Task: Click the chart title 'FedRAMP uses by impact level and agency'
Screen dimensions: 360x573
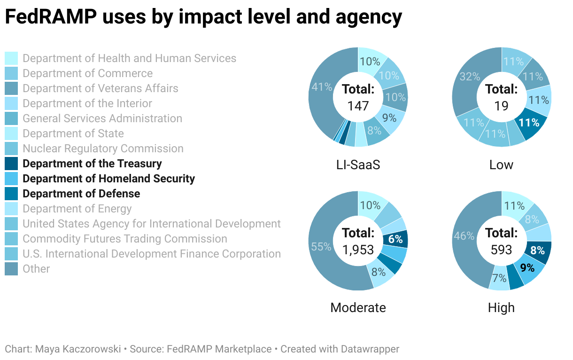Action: pos(203,18)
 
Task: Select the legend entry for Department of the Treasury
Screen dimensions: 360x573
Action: pos(92,164)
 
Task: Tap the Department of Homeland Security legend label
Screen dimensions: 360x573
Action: pos(108,179)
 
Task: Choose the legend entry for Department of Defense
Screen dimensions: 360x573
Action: pos(81,194)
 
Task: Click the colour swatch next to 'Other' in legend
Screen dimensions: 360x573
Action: pos(11,269)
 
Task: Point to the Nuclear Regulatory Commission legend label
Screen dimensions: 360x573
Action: pos(103,149)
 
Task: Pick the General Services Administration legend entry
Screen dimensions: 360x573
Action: pos(102,118)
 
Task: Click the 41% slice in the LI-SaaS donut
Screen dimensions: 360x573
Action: pos(319,87)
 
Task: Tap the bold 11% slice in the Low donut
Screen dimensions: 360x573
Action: pos(529,123)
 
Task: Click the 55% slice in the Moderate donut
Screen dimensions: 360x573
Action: pos(321,246)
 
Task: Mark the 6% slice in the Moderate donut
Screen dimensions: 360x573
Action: pos(395,239)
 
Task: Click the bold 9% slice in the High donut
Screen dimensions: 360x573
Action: pos(527,268)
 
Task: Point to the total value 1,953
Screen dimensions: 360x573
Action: pos(358,250)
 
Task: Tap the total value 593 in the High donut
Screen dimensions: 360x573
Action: pos(501,250)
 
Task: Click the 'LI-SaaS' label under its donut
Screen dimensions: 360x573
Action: pos(358,164)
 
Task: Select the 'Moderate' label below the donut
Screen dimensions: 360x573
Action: pos(358,307)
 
